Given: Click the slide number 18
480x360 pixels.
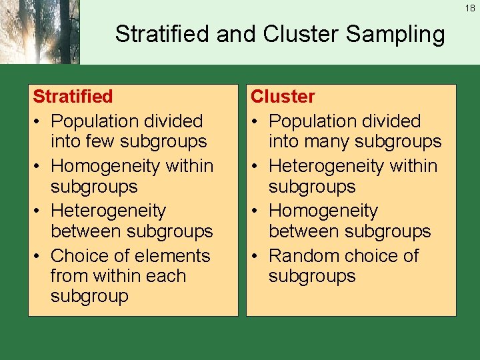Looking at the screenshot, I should coord(471,9).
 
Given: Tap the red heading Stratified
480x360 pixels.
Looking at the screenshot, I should coord(73,97).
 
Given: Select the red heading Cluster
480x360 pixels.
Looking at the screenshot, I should coord(283,97).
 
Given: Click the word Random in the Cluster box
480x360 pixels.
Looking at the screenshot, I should coord(301,256).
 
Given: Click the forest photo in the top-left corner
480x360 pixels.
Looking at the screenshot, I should coord(39,32).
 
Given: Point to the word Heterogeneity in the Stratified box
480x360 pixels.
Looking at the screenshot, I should coord(108,211).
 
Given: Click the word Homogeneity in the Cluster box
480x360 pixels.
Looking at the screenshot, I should coord(323,211).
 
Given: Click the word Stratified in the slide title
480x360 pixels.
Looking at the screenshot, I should coord(163,34).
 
